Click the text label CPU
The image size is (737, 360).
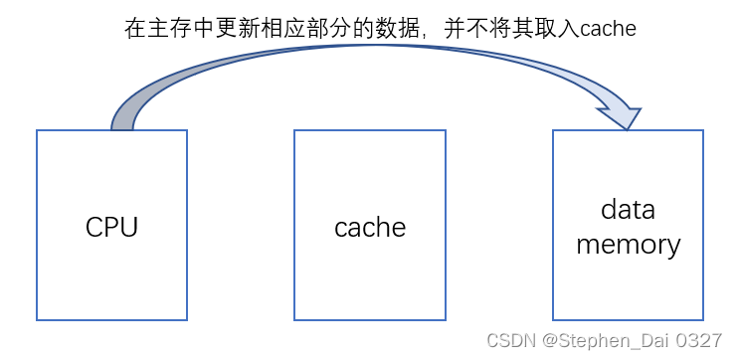(111, 227)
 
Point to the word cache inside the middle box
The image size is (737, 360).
(370, 228)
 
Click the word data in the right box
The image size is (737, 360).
(628, 210)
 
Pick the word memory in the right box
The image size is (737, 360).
(628, 245)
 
